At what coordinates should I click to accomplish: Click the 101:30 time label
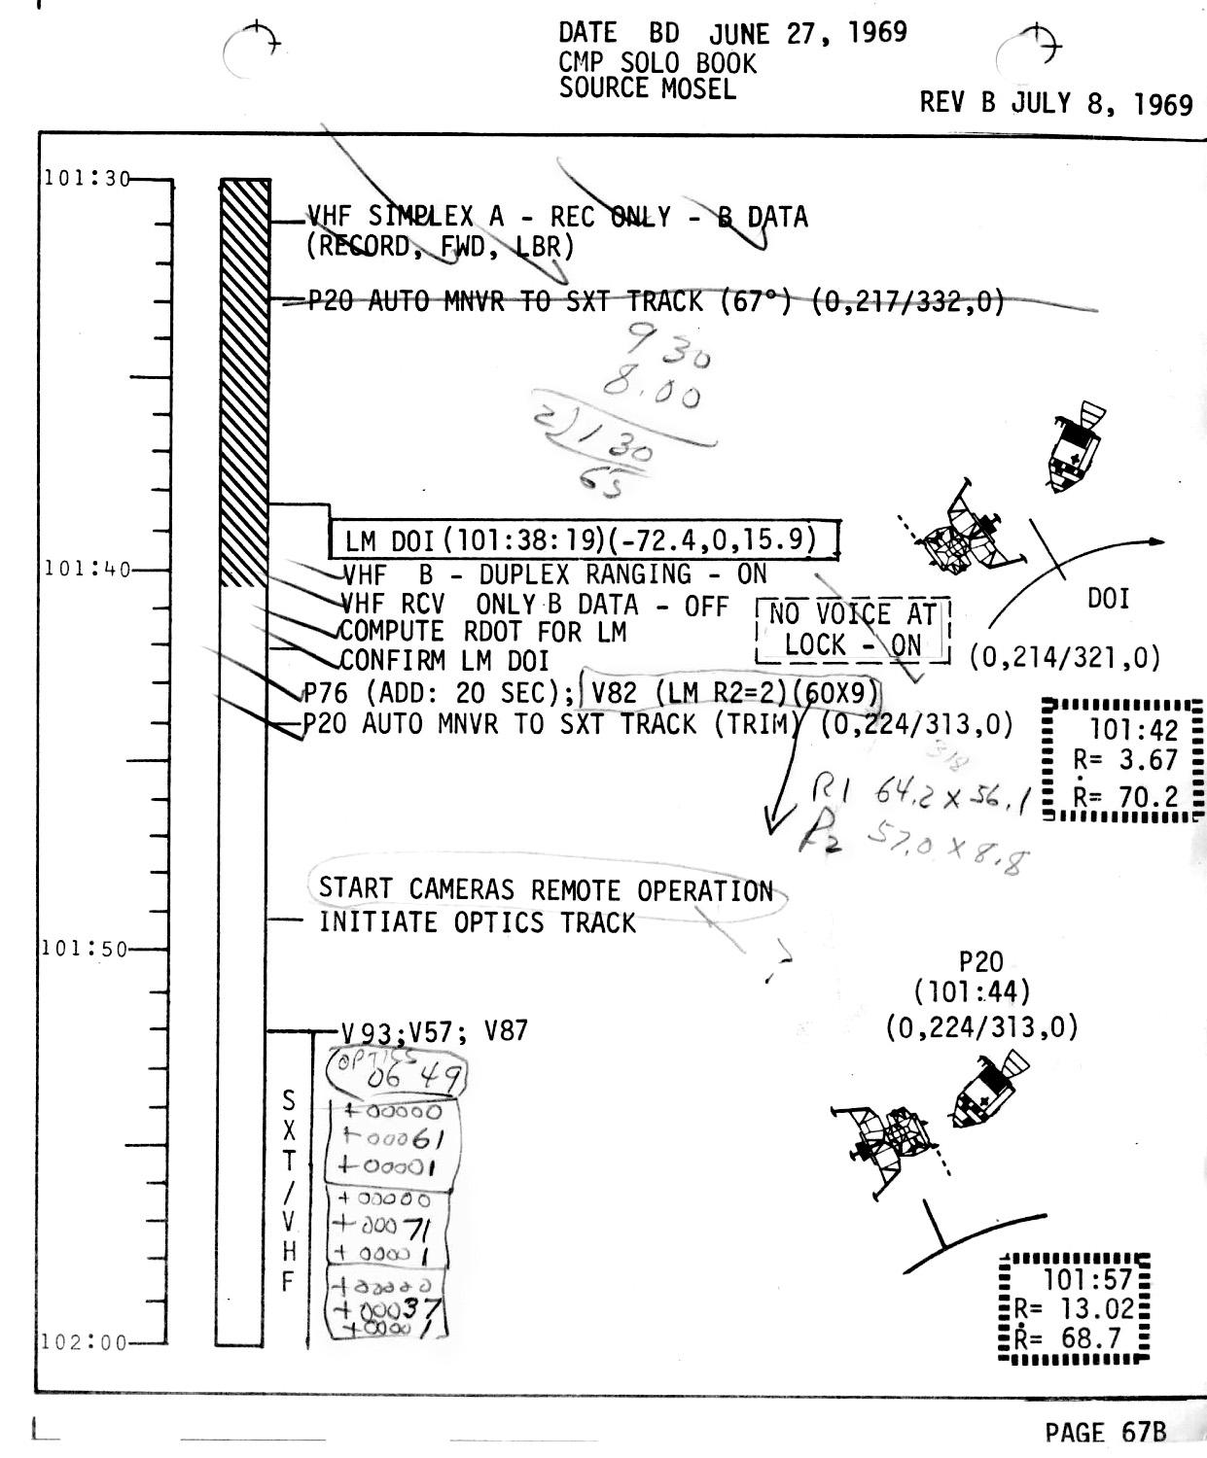pyautogui.click(x=87, y=179)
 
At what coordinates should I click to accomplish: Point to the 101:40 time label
pyautogui.click(x=87, y=569)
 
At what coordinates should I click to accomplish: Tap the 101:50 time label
pyautogui.click(x=86, y=949)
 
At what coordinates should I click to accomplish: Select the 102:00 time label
pyautogui.click(x=86, y=1342)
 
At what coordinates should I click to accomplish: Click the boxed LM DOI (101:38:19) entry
pyautogui.click(x=582, y=539)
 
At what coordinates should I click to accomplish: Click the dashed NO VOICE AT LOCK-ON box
pyautogui.click(x=852, y=630)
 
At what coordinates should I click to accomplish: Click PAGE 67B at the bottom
pyautogui.click(x=1105, y=1432)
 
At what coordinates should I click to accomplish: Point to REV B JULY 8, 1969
pyautogui.click(x=1056, y=103)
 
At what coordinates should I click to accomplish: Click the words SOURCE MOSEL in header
pyautogui.click(x=647, y=88)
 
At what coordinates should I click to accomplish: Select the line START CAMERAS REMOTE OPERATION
pyautogui.click(x=546, y=889)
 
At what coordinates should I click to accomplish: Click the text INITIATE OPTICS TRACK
pyautogui.click(x=477, y=922)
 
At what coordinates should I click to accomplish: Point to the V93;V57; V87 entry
pyautogui.click(x=434, y=1030)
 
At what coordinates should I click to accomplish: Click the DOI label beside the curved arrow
pyautogui.click(x=1108, y=599)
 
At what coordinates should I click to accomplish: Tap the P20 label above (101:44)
pyautogui.click(x=980, y=962)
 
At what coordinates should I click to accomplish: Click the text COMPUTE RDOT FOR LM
pyautogui.click(x=482, y=633)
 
